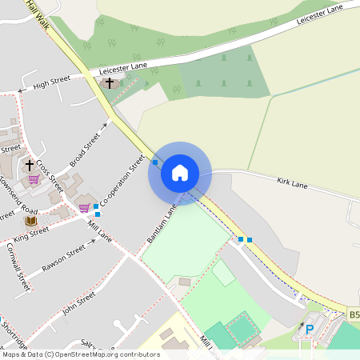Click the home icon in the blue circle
point(180,172)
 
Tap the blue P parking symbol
point(310,329)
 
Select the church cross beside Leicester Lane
point(110,82)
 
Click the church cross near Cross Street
point(30,165)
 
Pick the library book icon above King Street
point(30,220)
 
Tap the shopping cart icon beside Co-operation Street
point(84,208)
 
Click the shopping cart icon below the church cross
point(34,179)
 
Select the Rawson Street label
point(63,258)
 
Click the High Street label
point(53,82)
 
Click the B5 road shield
point(354,316)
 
